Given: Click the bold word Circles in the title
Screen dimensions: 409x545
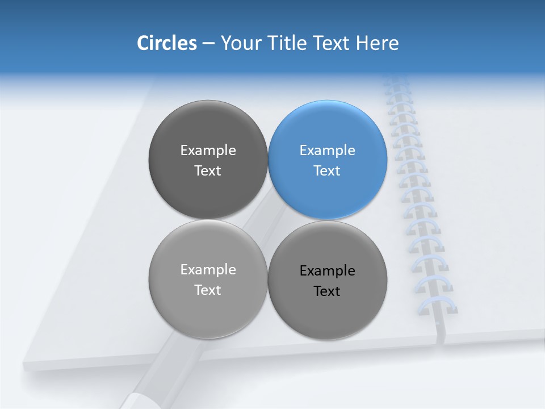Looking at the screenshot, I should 166,43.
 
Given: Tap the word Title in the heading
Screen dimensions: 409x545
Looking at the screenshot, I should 290,43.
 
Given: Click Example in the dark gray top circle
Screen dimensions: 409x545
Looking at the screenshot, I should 208,151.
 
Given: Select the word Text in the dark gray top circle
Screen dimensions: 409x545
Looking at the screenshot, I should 208,171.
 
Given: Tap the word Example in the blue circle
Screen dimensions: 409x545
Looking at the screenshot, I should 327,151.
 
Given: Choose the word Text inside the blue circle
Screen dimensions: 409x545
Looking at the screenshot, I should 327,171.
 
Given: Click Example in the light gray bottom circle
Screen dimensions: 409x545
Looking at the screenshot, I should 208,270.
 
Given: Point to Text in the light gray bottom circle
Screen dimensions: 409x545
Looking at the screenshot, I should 208,290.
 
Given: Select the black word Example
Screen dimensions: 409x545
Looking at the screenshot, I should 327,271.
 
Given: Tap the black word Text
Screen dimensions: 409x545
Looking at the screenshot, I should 327,291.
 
